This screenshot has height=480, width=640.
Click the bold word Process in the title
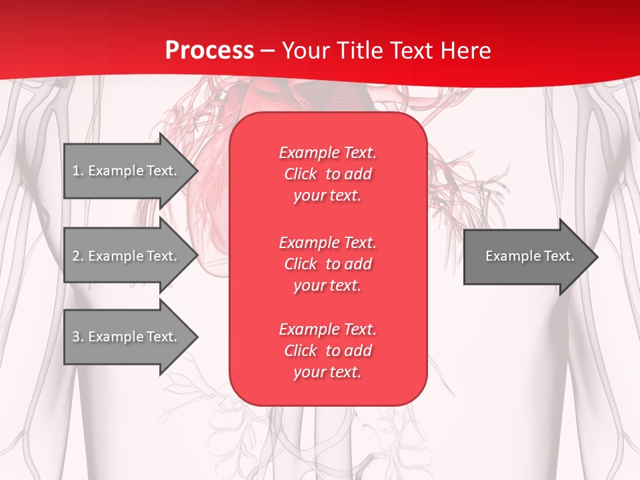tap(209, 51)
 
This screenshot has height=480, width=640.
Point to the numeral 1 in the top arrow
tap(76, 171)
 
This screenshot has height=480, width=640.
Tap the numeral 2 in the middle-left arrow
tap(76, 256)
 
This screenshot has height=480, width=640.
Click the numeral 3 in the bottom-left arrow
tap(76, 337)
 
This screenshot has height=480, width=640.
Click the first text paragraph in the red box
tap(327, 174)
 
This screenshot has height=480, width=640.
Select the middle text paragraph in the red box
tap(327, 263)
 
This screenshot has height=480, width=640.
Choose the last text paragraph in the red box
tap(327, 351)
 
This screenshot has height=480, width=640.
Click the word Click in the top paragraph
tap(301, 174)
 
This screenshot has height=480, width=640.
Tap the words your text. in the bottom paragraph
tap(327, 372)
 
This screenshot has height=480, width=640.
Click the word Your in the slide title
tap(305, 51)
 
